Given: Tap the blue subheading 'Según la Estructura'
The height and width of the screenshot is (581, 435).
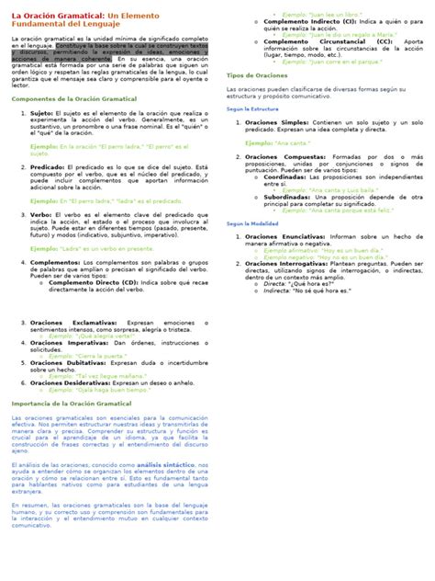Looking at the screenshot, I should (252, 108).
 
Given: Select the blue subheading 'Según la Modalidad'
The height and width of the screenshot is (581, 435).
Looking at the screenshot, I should (252, 223).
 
